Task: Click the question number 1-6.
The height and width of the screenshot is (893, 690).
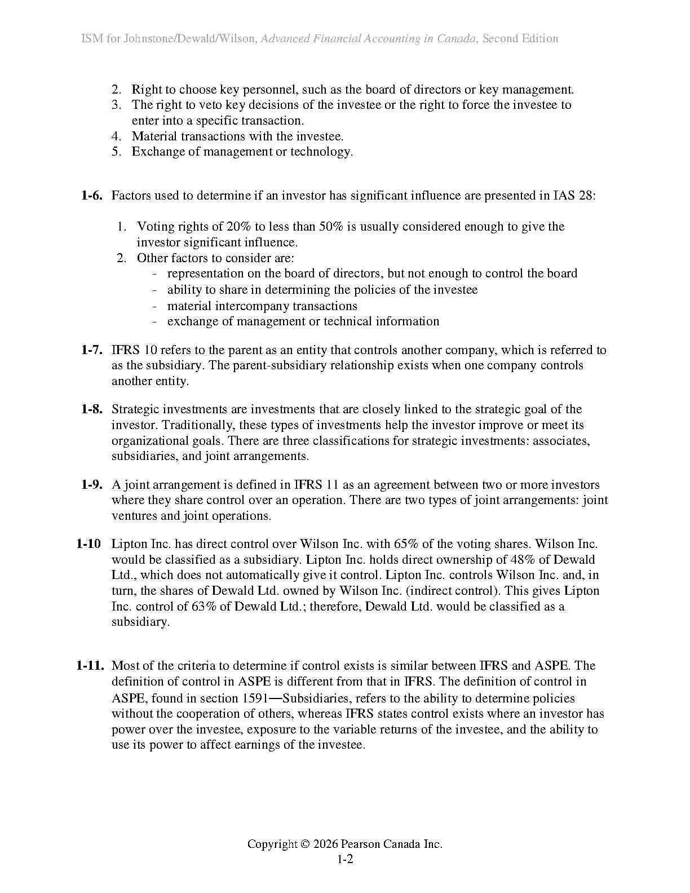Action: tap(92, 196)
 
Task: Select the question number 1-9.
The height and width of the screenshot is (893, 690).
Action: tap(92, 485)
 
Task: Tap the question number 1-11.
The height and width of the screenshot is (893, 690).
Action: tap(91, 666)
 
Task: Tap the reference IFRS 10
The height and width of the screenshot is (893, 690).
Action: tap(135, 350)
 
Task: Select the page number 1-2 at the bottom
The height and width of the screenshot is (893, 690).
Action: tap(345, 860)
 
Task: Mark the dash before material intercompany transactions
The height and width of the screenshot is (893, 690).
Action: tap(154, 306)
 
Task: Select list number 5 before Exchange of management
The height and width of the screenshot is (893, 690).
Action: tap(116, 152)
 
